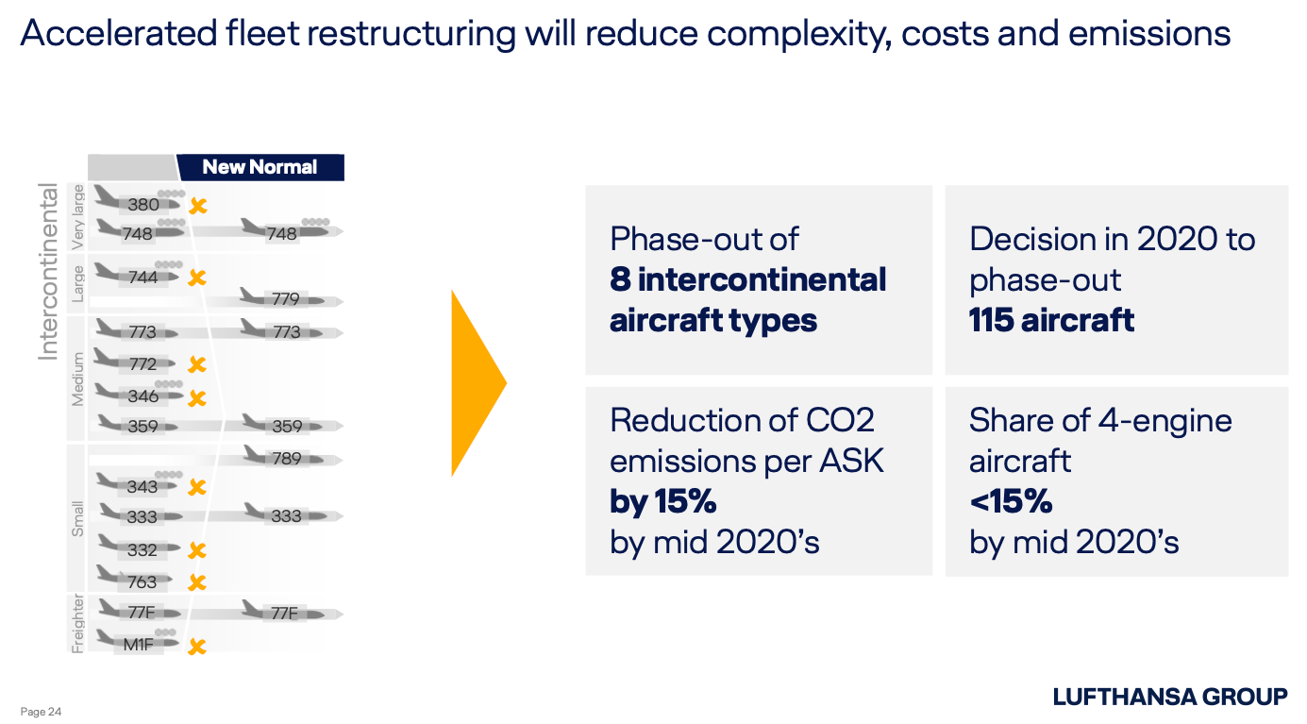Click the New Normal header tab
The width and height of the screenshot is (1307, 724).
pos(260,167)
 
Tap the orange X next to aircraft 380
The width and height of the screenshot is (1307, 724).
pos(198,206)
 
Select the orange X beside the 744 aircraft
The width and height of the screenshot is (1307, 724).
pos(197,278)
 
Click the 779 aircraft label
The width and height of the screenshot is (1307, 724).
pos(285,299)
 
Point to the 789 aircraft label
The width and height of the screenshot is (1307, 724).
pos(287,459)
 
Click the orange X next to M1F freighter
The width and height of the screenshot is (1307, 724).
pos(197,647)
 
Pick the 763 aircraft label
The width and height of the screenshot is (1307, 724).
pos(142,582)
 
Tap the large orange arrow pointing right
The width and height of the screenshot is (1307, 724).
pos(478,383)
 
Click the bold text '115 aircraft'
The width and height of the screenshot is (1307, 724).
pos(1051,320)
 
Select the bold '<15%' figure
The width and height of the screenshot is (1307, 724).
pos(1011,501)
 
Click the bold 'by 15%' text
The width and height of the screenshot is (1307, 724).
pos(662,501)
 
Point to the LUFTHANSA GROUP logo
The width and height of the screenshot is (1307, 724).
pos(1170,697)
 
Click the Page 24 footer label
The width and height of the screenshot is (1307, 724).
pos(41,711)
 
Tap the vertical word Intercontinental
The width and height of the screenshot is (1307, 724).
pos(48,272)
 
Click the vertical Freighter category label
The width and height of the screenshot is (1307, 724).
pos(77,624)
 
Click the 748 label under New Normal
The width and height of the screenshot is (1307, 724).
pos(282,233)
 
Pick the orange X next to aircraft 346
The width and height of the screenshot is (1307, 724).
pos(197,398)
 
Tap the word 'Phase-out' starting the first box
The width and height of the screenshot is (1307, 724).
pos(676,239)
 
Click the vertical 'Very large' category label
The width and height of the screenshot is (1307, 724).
pos(77,216)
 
